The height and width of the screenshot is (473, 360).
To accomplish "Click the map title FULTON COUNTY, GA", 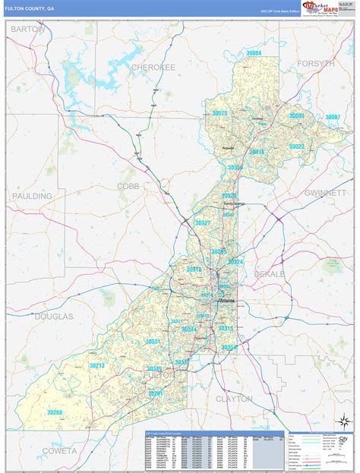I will (30, 8).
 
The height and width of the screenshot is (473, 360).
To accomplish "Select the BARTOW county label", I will (27, 28).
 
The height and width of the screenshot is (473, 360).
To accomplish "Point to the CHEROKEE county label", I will (153, 68).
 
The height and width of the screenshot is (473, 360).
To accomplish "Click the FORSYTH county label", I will (314, 64).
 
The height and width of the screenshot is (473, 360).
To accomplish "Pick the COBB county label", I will (128, 185).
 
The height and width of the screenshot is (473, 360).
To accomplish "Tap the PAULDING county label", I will (32, 196).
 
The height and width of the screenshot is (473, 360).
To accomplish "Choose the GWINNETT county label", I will (324, 193).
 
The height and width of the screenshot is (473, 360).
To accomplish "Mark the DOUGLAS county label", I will (53, 316).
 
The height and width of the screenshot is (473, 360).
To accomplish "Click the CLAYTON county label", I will (234, 399).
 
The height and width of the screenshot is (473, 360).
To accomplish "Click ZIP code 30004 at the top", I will (253, 53).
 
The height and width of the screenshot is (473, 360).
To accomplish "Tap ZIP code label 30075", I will (219, 113).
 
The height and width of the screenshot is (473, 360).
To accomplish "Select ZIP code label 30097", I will (333, 117).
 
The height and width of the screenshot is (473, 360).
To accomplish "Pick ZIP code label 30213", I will (96, 365).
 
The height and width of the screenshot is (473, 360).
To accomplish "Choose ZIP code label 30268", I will (54, 412).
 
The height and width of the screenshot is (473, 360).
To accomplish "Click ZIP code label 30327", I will (202, 223).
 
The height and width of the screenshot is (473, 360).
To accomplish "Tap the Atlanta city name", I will (227, 301).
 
